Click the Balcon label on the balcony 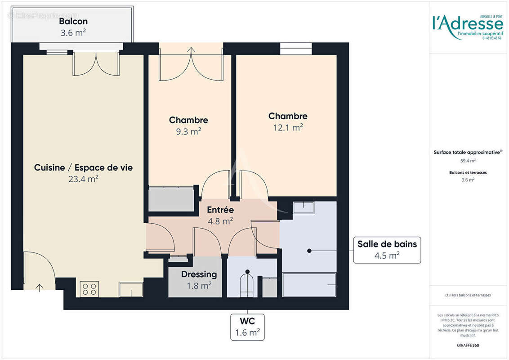(73, 21)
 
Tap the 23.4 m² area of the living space (83, 179)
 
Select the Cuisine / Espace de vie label (83, 167)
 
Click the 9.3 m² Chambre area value (188, 131)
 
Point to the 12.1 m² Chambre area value (288, 127)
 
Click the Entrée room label (220, 210)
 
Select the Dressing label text (199, 274)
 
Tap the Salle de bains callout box (387, 250)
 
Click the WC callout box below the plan (247, 327)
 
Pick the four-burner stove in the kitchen (89, 289)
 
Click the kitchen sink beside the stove (131, 289)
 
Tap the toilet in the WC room (246, 284)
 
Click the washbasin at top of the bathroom (303, 207)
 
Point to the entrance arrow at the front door (40, 287)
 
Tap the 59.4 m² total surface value (468, 160)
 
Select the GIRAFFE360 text (468, 346)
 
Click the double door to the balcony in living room (96, 63)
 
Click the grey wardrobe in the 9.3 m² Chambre (171, 199)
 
